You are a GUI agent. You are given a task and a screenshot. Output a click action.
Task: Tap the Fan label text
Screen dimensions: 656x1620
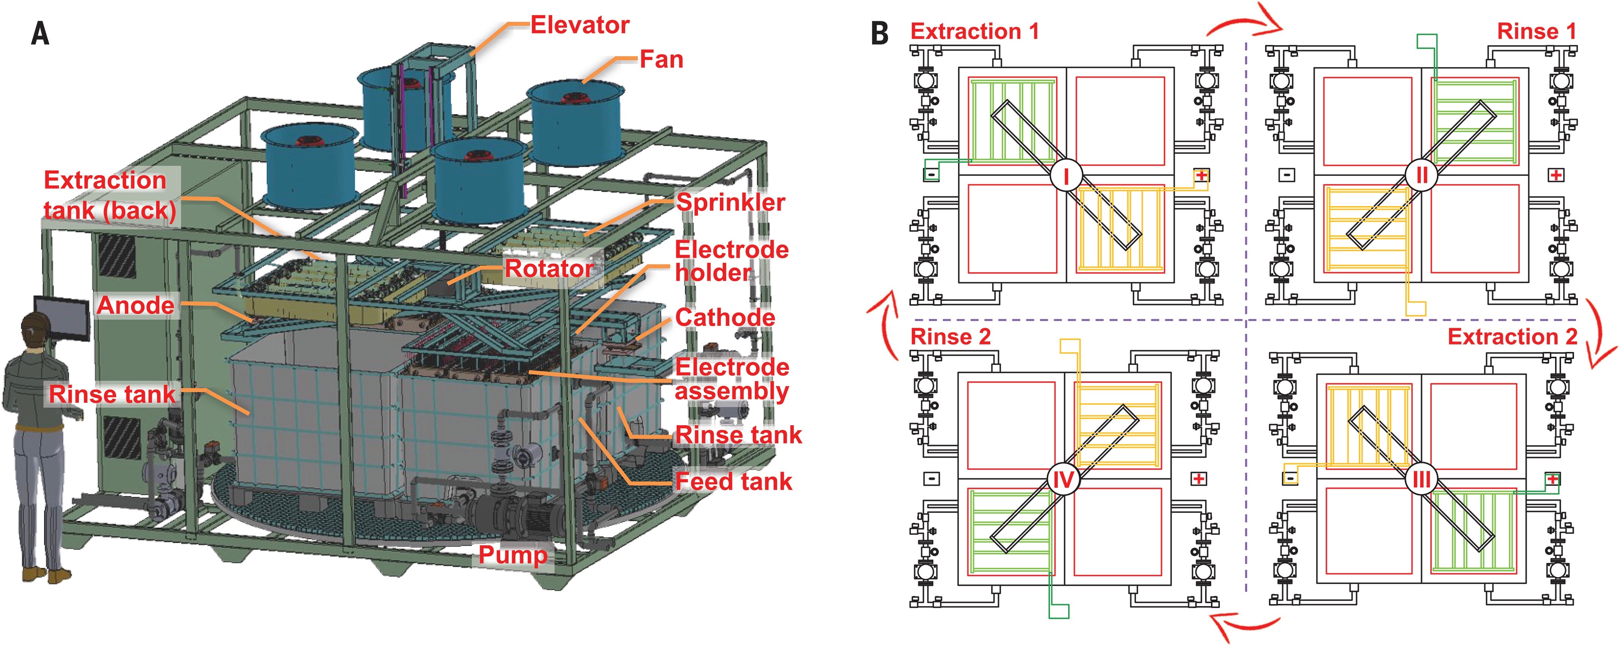[661, 60]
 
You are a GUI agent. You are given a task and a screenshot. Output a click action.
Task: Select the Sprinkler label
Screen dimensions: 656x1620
[730, 202]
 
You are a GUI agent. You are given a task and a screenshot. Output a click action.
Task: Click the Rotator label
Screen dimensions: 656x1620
[548, 269]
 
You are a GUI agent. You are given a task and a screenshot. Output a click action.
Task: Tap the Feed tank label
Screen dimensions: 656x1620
[733, 481]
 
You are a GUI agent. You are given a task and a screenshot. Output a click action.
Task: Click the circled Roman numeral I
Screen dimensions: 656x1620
[1066, 176]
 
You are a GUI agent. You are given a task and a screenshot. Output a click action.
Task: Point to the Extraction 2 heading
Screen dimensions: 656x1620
[1512, 337]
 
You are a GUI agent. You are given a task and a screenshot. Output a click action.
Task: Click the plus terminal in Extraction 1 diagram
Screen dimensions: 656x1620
[1202, 175]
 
